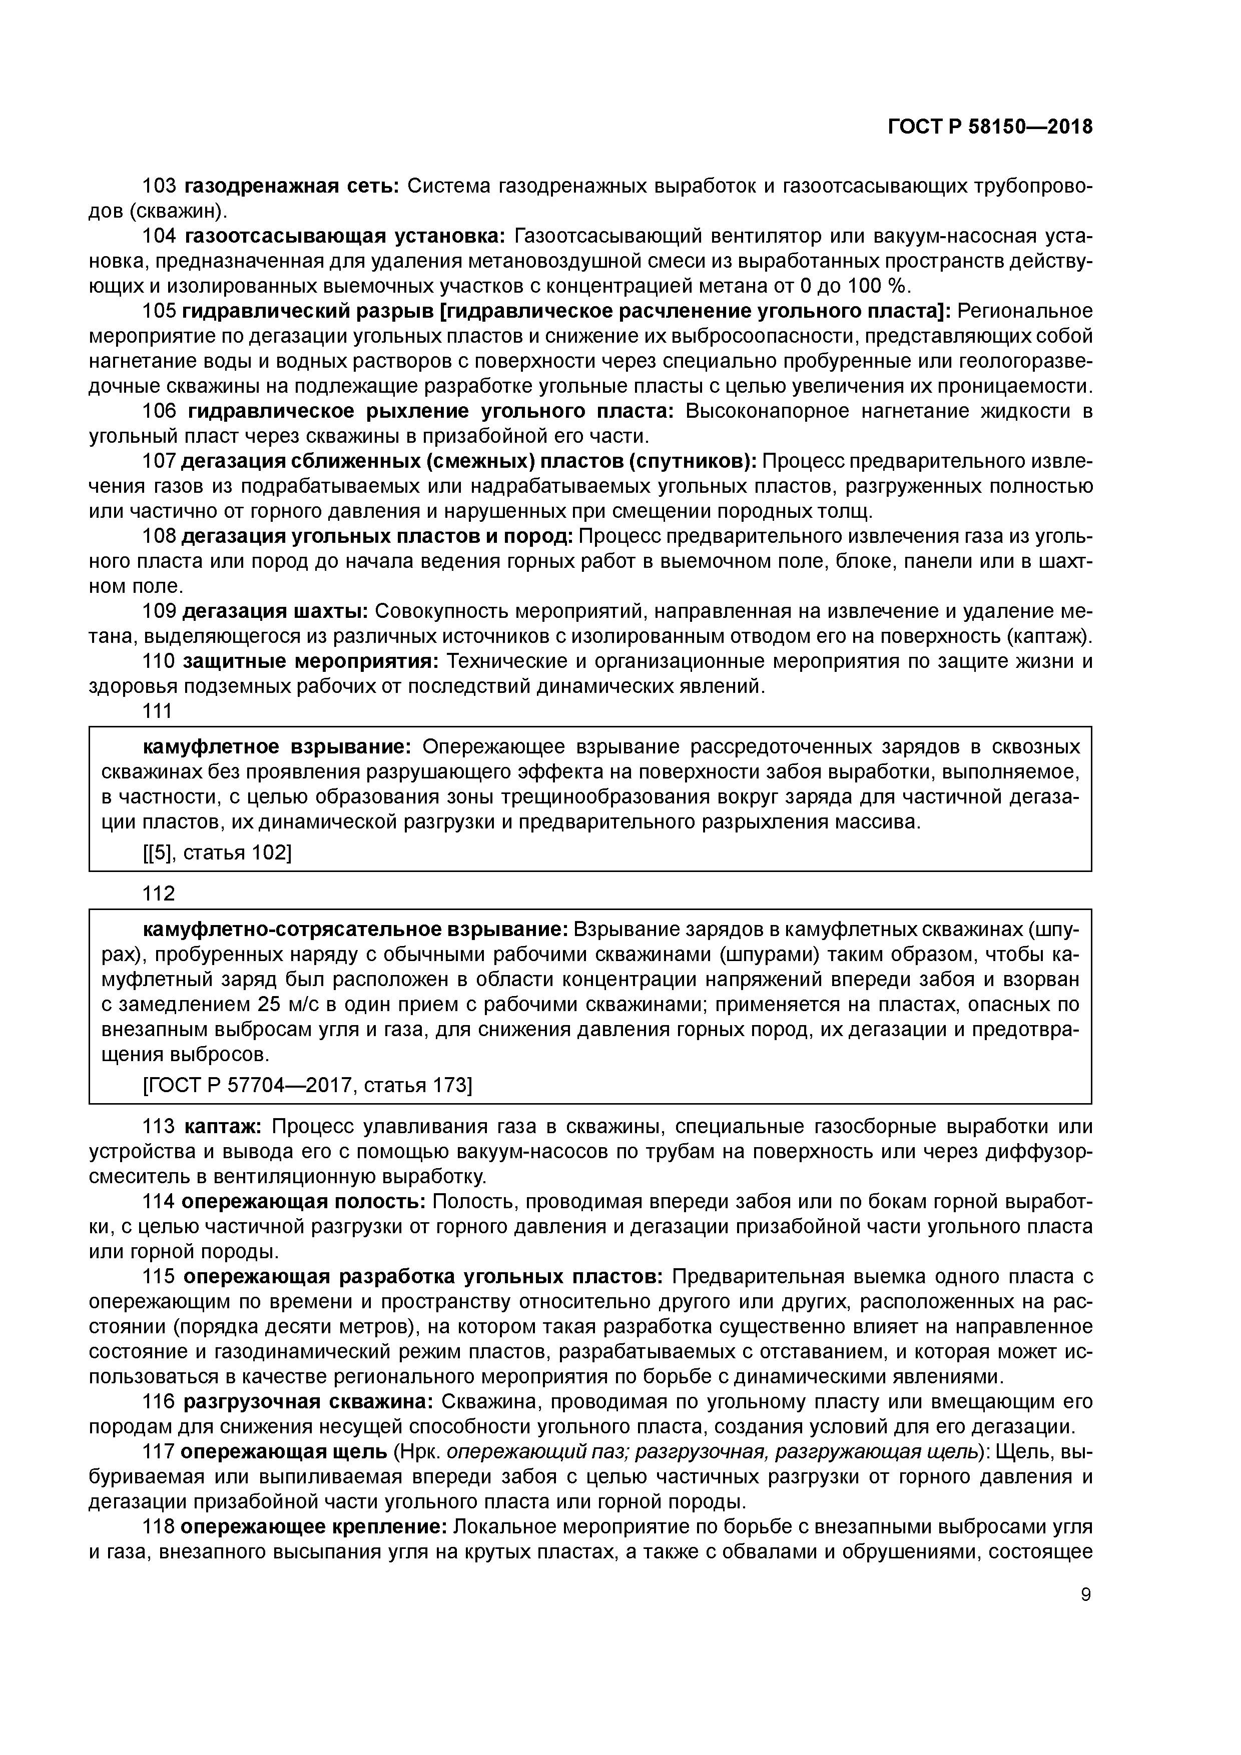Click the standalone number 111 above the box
158,711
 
